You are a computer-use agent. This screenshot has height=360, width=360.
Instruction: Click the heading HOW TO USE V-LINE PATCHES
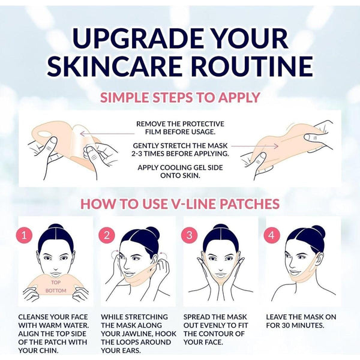[x=179, y=203]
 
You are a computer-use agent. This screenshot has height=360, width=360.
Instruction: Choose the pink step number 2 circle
[x=106, y=235]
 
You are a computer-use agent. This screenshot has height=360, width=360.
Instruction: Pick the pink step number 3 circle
[x=189, y=235]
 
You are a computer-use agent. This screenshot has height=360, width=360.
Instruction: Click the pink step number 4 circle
[x=271, y=235]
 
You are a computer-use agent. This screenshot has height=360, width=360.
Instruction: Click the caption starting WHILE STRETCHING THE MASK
[x=136, y=333]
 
